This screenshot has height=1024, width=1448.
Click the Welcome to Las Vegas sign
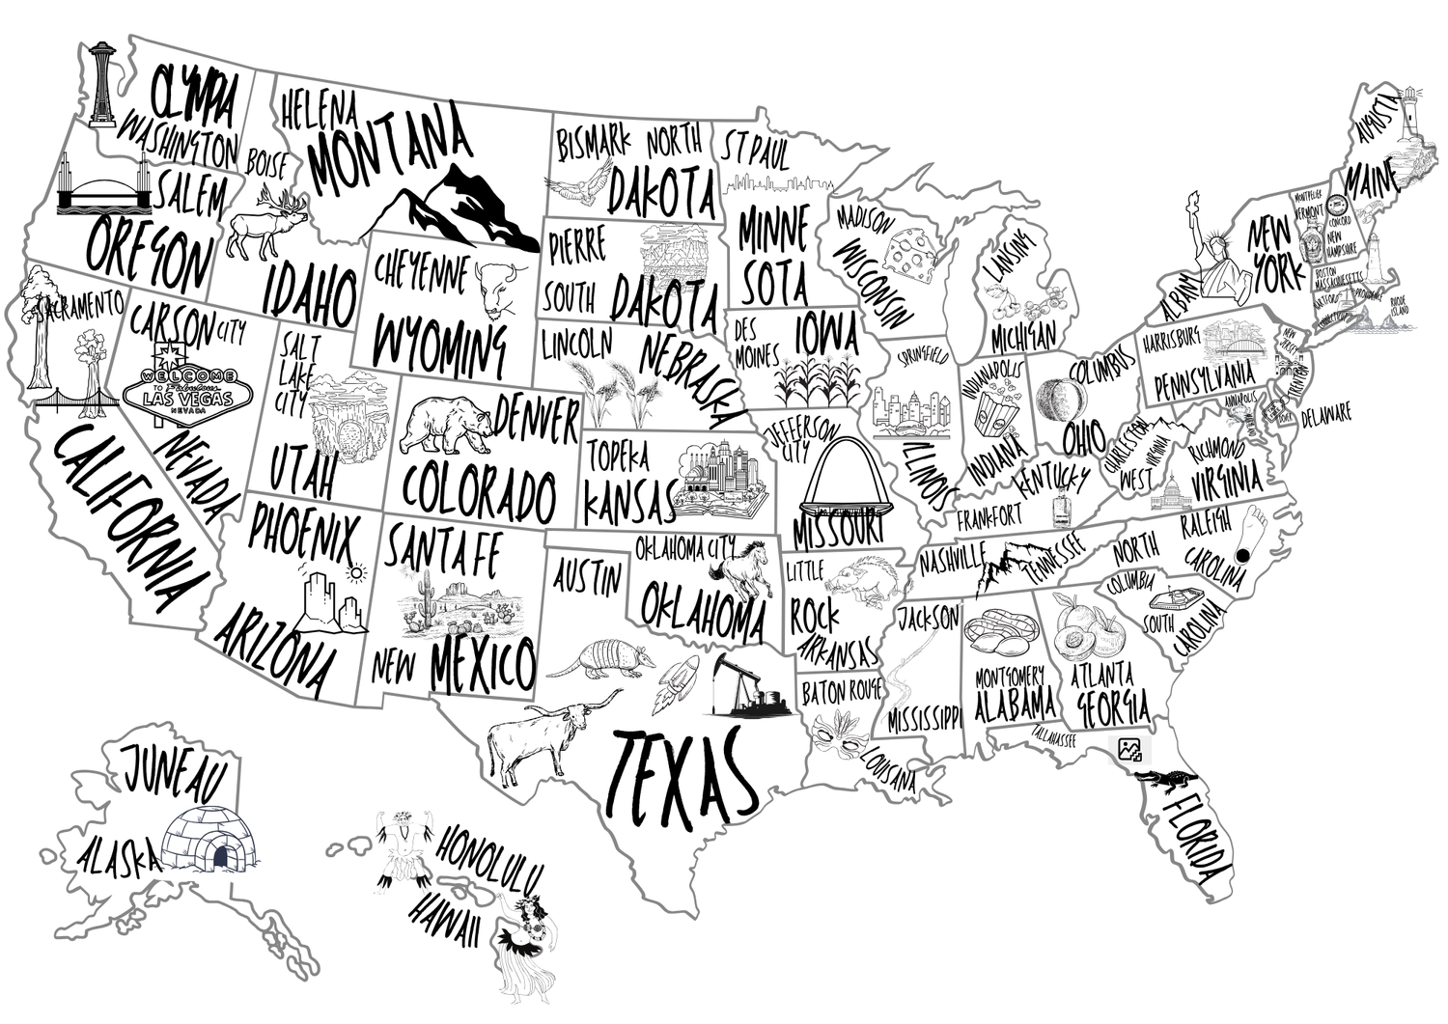click(175, 388)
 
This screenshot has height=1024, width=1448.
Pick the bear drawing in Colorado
click(446, 425)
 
